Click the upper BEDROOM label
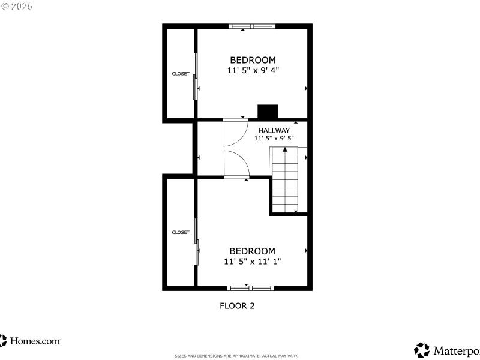pos(253,60)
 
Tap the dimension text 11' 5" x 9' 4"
pos(253,70)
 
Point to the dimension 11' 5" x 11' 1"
pos(253,261)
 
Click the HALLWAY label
pos(274,130)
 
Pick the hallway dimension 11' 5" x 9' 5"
pos(274,138)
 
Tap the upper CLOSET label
pos(181,74)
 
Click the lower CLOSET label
pos(181,232)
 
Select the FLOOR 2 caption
pos(237,305)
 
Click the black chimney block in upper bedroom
pos(268,112)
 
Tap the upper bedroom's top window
pos(252,26)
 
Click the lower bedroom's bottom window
pos(251,288)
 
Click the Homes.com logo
pos(31,341)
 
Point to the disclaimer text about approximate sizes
pos(236,356)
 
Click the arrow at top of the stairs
pos(285,149)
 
